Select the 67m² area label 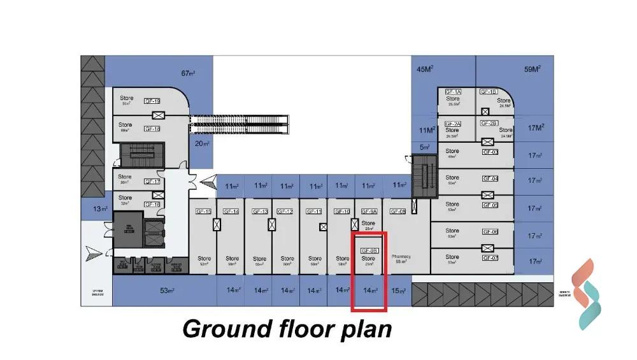click(x=188, y=73)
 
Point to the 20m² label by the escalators click(x=203, y=143)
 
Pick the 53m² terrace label click(x=168, y=291)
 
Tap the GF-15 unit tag click(x=203, y=211)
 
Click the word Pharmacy click(x=401, y=257)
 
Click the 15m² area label click(x=398, y=291)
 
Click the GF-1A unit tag click(x=453, y=92)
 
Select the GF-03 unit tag click(x=490, y=152)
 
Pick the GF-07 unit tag click(x=490, y=257)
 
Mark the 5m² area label click(x=425, y=147)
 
